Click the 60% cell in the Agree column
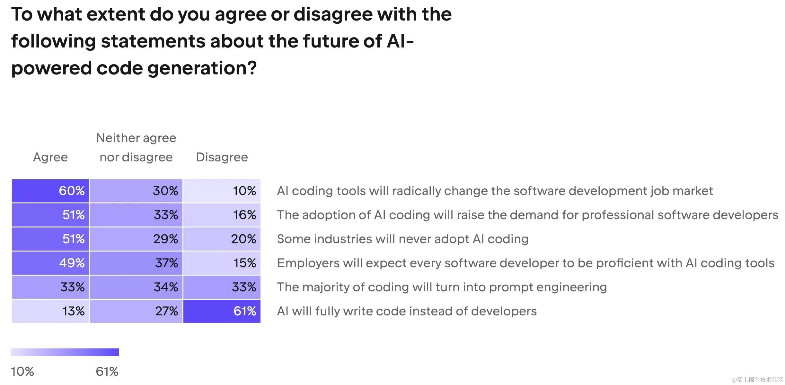pos(50,191)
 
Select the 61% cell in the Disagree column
pos(222,311)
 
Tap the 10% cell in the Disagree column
pos(222,191)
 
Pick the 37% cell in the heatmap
pos(136,263)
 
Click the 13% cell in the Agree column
pos(50,311)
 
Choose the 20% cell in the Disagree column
pos(222,239)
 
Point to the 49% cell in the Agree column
pos(50,263)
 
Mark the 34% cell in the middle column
pos(136,287)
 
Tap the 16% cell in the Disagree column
pos(222,215)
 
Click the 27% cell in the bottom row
pos(136,311)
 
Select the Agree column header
pos(50,157)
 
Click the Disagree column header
pos(222,157)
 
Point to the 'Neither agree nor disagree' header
pos(136,148)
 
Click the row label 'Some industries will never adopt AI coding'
pos(402,239)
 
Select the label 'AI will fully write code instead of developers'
pos(407,311)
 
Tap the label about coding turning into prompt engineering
pos(442,287)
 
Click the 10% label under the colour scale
pos(22,372)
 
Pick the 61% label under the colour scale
pos(107,372)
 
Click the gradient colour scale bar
pos(65,352)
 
